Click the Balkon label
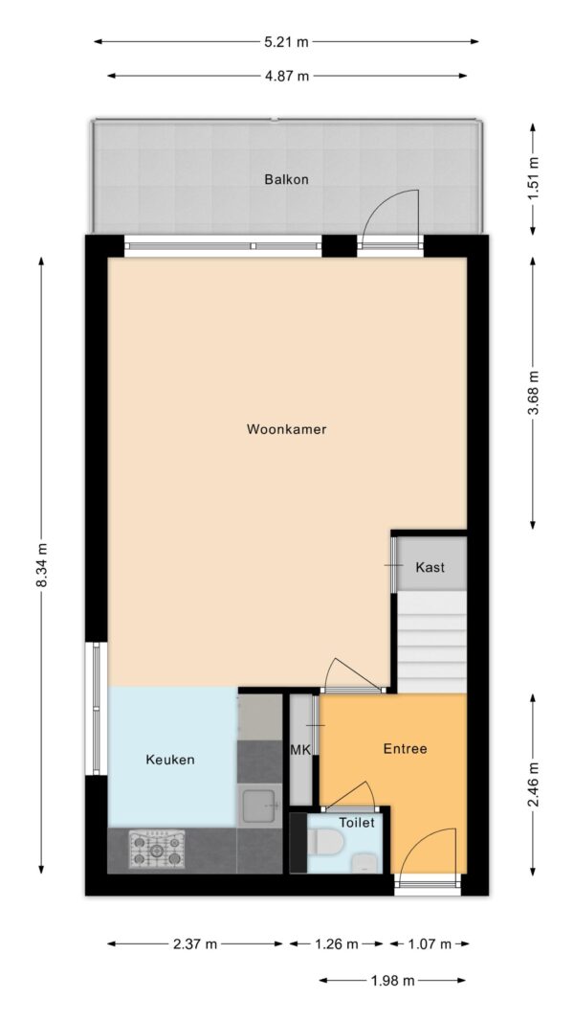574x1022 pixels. click(x=286, y=179)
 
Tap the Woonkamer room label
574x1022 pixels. click(x=286, y=430)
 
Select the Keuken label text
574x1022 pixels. click(x=170, y=760)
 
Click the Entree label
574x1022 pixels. click(x=405, y=749)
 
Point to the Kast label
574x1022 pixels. click(x=430, y=568)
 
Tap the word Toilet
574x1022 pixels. click(x=356, y=822)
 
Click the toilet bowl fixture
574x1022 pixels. click(x=326, y=843)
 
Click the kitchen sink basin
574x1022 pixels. click(x=259, y=806)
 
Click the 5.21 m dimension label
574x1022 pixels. click(x=286, y=41)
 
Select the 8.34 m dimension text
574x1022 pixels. click(x=42, y=568)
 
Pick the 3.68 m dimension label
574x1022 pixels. click(x=533, y=393)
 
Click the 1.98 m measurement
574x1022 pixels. click(x=393, y=980)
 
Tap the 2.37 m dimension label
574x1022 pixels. click(x=195, y=944)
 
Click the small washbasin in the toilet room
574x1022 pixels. click(x=364, y=864)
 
